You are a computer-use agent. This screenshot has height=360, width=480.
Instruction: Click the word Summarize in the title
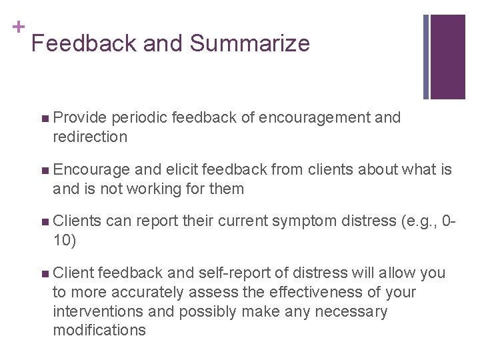[249, 43]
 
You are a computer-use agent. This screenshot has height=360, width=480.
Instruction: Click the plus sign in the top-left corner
[18, 27]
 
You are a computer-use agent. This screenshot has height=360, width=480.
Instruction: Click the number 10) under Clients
[65, 241]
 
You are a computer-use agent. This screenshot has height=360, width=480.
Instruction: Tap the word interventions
[97, 311]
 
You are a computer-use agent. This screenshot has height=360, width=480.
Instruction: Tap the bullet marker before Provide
[44, 119]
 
